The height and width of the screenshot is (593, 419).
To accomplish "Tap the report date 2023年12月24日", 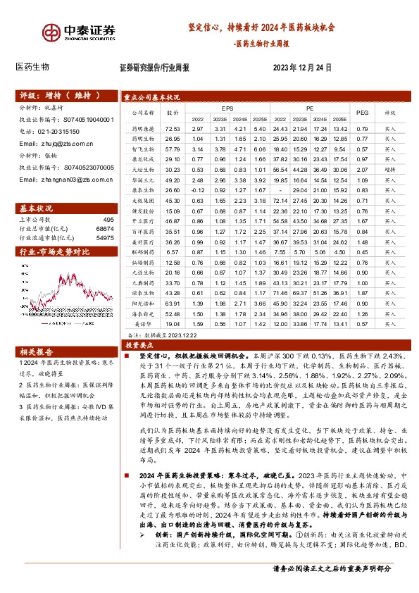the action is pos(301,68).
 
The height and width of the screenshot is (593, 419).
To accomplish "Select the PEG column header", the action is pos(363,111).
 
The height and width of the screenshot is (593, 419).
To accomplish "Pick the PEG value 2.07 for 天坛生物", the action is pos(363,170).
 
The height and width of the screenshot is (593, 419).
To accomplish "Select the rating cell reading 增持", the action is pos(390,170).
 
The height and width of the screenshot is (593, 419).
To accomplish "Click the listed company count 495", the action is pos(108,220).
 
